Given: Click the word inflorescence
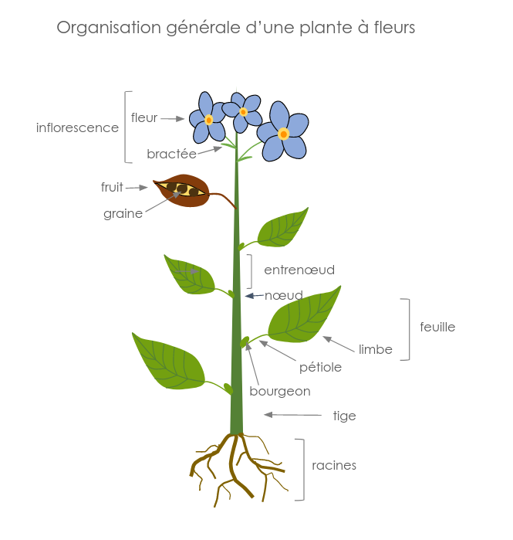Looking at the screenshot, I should click(77, 127).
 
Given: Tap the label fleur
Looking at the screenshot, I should click(144, 118).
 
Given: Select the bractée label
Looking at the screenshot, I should click(171, 155).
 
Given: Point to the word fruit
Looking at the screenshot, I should click(112, 187).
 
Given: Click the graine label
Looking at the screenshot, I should click(123, 214).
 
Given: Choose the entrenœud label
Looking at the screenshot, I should click(299, 270).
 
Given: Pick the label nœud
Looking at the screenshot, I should click(284, 295).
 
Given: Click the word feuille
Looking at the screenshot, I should click(437, 327).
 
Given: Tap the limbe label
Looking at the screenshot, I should click(376, 349).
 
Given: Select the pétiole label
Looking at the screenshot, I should click(320, 368).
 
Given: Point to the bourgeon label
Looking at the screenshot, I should click(280, 392).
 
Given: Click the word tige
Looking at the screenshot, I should click(344, 416).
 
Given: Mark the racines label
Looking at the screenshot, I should click(334, 466).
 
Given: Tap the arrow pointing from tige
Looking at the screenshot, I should click(293, 416).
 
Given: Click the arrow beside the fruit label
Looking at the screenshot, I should click(137, 187).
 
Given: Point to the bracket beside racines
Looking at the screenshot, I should click(302, 470).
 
